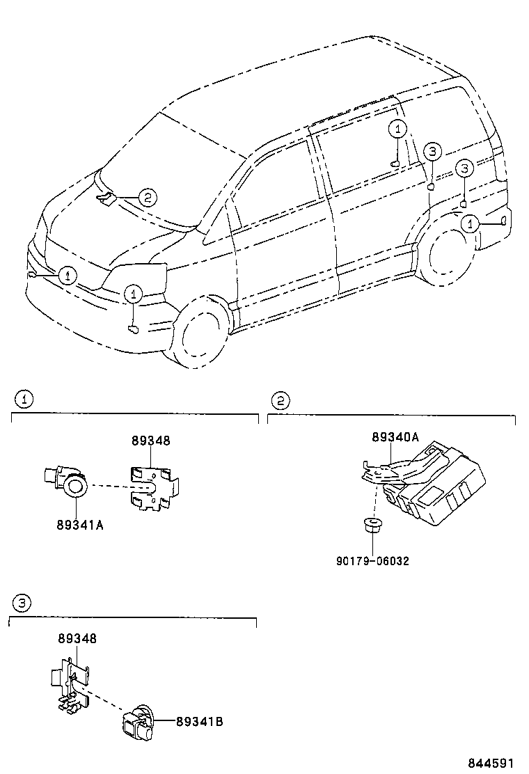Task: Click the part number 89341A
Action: [80, 525]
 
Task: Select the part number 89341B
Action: [199, 722]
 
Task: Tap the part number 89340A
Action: [395, 437]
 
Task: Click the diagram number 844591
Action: [494, 762]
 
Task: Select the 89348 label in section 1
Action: [151, 441]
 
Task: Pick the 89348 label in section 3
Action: [77, 638]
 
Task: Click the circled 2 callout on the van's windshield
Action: [147, 198]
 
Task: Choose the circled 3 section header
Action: [22, 603]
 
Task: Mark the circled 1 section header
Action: [24, 400]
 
